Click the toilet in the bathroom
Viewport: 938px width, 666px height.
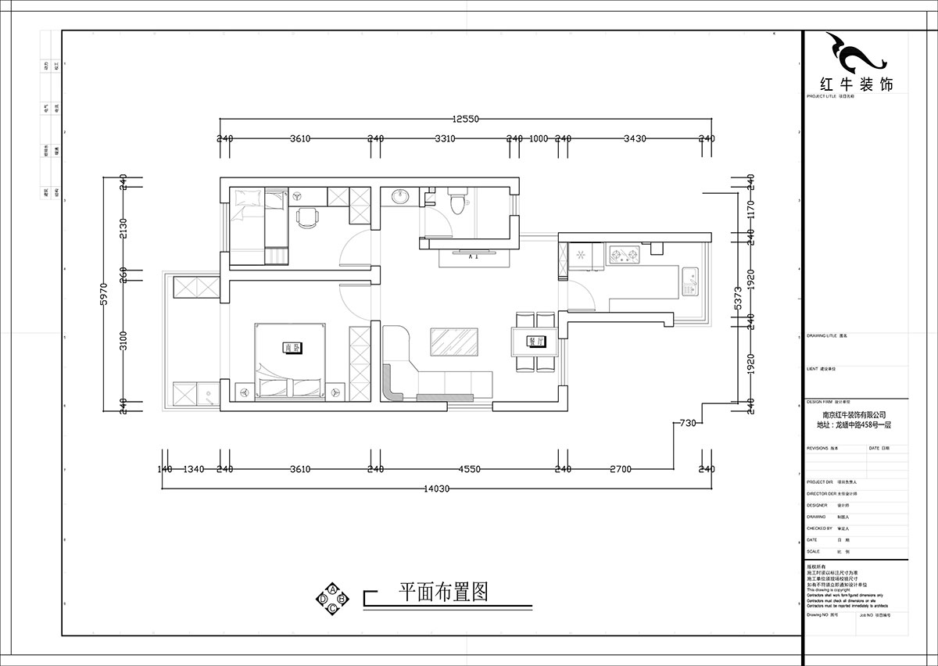(x=457, y=202)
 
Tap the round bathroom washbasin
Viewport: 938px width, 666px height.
(x=400, y=196)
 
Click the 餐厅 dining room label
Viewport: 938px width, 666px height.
(x=535, y=341)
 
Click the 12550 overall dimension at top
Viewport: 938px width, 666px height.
(x=465, y=120)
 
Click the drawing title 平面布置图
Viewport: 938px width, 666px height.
(x=443, y=592)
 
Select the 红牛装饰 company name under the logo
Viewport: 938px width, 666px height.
(x=855, y=84)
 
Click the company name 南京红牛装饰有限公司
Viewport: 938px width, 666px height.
(x=854, y=415)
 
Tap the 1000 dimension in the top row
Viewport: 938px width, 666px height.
(x=539, y=138)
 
